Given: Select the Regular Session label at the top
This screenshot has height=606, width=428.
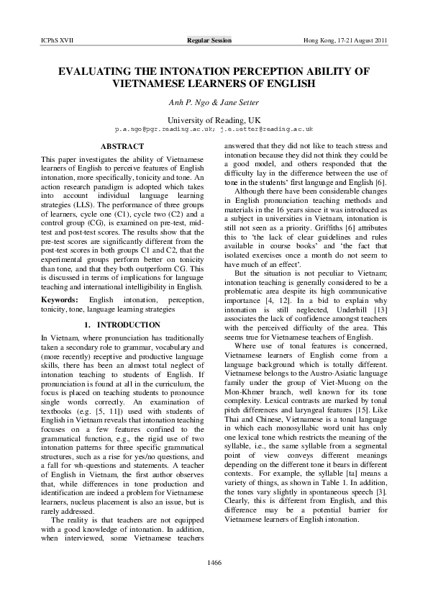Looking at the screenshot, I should pos(209,41).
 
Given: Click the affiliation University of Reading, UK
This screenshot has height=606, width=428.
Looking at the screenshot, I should pos(214,119).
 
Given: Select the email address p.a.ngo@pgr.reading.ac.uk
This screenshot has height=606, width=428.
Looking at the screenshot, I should pos(159,130).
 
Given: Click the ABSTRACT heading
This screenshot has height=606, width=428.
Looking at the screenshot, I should pos(121,146).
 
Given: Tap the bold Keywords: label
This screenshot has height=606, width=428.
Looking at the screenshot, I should pos(60,298).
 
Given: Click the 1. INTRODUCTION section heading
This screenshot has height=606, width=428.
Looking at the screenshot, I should pos(121,324).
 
